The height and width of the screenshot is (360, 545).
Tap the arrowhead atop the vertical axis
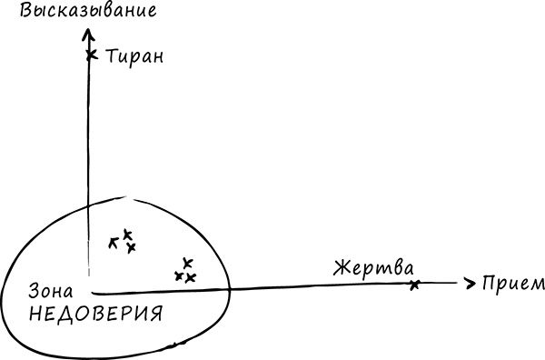pos(88,35)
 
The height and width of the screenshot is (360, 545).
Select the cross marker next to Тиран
pos(90,55)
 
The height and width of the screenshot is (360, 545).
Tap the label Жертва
pos(372,269)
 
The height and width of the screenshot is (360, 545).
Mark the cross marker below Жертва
pos(414,285)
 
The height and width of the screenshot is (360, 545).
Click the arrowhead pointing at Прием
pos(470,283)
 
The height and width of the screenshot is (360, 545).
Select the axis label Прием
pos(513,283)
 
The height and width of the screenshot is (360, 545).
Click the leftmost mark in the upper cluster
pos(114,242)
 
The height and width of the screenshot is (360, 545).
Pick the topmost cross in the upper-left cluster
pos(127,234)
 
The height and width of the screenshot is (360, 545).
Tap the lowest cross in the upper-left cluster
pos(131,247)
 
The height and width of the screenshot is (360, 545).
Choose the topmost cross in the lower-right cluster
pos(187,264)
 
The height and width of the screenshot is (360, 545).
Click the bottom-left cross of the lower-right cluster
pos(179,275)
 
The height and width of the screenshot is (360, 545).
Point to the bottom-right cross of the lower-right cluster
pos(191,277)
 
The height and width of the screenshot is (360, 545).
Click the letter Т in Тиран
pos(111,55)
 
